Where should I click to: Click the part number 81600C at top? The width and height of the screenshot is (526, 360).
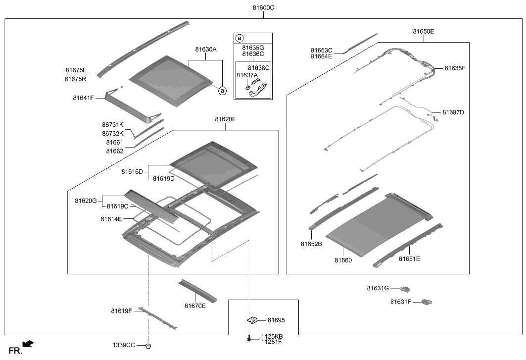tap(263, 8)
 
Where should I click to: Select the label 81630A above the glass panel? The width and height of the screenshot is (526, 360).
tap(206, 50)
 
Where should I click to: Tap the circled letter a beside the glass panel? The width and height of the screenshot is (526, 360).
tap(222, 91)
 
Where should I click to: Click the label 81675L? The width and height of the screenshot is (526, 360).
tap(75, 70)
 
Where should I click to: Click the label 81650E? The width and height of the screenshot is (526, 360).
tap(424, 31)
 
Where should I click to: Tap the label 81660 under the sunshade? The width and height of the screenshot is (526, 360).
tap(343, 260)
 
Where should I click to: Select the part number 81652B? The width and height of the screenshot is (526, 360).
tap(311, 244)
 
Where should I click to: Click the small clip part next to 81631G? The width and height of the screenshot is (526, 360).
tap(405, 288)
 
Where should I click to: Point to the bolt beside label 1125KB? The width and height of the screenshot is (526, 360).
tap(247, 339)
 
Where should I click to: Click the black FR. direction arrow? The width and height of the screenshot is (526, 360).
tap(29, 343)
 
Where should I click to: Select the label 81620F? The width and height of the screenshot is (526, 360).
tap(226, 119)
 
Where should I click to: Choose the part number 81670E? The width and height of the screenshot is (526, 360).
tap(195, 306)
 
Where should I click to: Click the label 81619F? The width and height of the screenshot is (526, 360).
tap(121, 311)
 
